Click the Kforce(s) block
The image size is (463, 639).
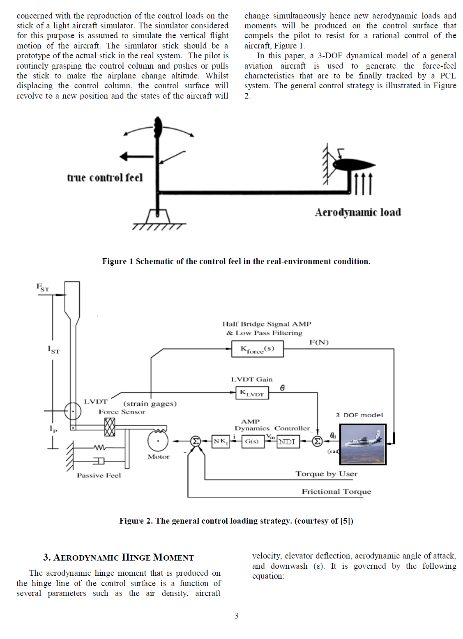(257, 349)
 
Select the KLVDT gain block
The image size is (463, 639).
(252, 393)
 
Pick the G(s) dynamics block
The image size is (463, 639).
(252, 441)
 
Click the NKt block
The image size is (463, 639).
(221, 441)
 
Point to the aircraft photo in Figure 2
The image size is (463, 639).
(363, 444)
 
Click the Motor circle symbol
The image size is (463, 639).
(158, 441)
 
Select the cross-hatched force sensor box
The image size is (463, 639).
(110, 427)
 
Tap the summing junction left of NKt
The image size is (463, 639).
(196, 441)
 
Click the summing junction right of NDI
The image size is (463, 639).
(317, 441)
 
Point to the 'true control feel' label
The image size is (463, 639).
(105, 177)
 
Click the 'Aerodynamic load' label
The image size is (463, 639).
(358, 212)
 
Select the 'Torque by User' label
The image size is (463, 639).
(326, 474)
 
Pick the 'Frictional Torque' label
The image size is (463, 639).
(336, 492)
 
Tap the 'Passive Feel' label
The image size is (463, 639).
(99, 476)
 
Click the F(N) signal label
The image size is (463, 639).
(319, 342)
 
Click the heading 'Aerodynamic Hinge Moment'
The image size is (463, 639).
(118, 557)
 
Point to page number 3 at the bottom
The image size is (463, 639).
(236, 616)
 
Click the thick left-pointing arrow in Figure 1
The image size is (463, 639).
(136, 156)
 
